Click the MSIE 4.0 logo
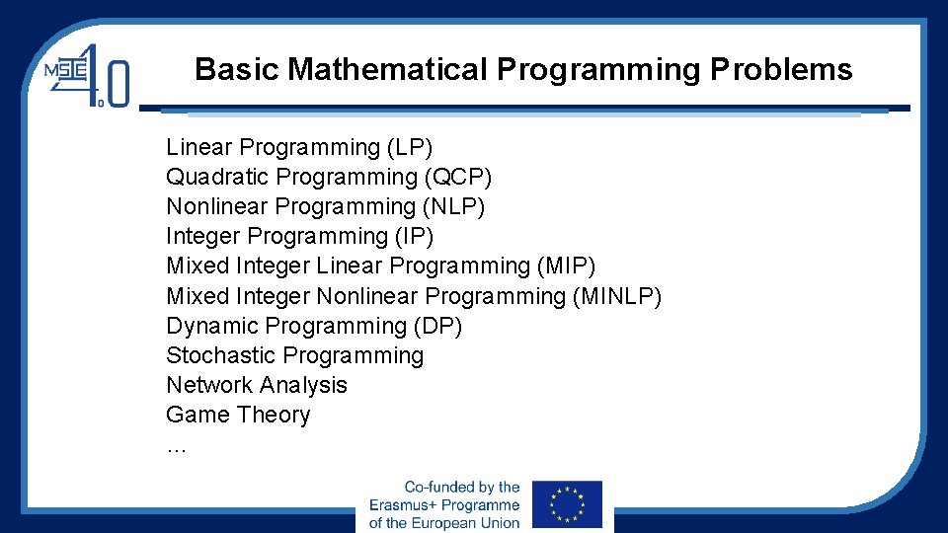[x=86, y=74]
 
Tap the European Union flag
[x=566, y=504]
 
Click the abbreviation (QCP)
[x=458, y=178]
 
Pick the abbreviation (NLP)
[x=454, y=207]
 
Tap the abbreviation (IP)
[x=414, y=237]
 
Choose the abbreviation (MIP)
[x=567, y=266]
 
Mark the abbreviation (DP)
[x=438, y=326]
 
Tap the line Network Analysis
[x=257, y=385]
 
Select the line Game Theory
[x=238, y=415]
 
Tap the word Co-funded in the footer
[x=437, y=488]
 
